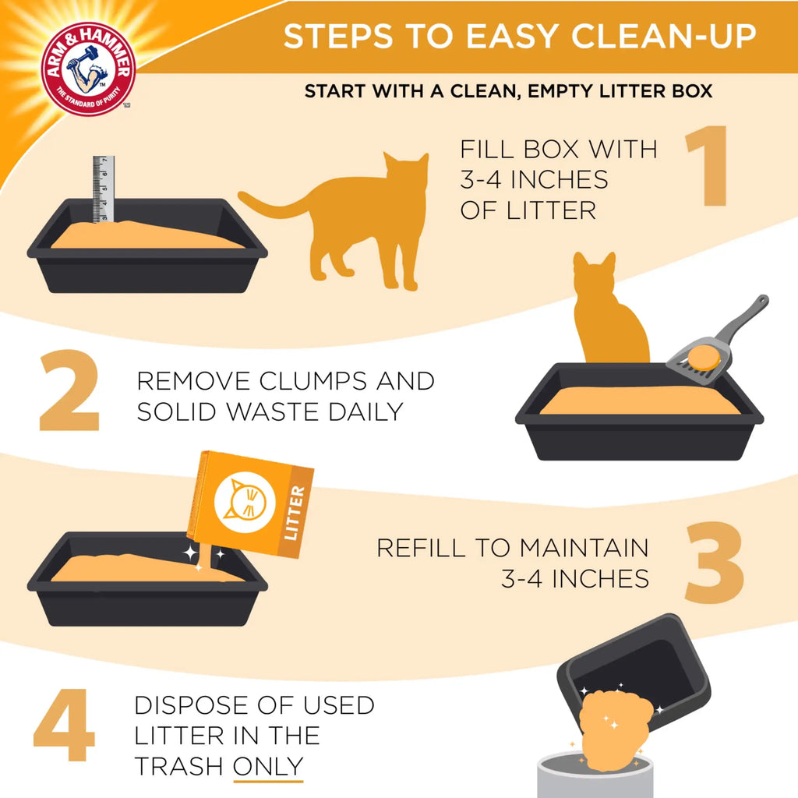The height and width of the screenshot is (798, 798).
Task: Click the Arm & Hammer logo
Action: click(88, 69)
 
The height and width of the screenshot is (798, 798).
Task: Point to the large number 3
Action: click(714, 563)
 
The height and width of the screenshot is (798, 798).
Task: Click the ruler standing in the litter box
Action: click(104, 189)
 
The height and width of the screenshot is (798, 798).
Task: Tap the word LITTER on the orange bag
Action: click(296, 513)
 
